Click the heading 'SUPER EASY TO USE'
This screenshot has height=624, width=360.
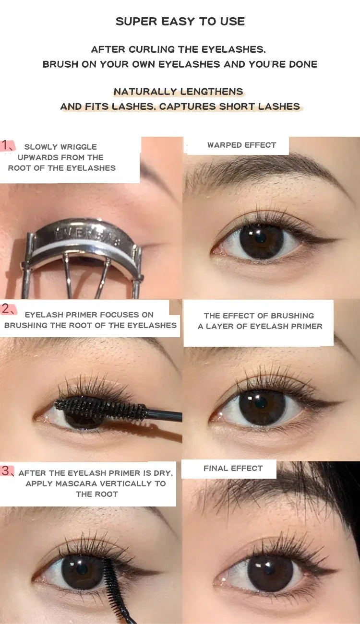pos(180,22)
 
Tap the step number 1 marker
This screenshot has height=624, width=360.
pos(7,145)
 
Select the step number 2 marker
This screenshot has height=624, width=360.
pos(8,309)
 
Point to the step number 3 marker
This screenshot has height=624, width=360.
pos(8,471)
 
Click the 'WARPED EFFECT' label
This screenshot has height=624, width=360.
pos(241,145)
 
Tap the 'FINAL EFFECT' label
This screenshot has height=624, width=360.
pos(233,468)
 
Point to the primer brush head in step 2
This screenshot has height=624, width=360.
pos(101,408)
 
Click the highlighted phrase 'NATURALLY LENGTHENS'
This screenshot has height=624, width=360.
pos(179,92)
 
